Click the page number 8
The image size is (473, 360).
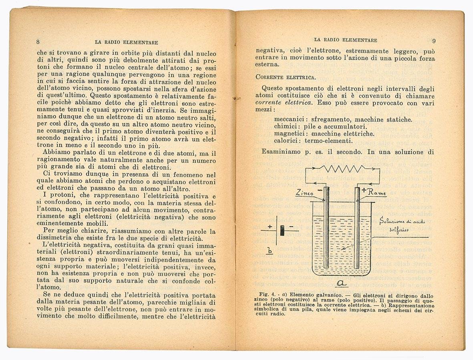click(38, 42)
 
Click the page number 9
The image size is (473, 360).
click(435, 40)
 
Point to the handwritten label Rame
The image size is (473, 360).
click(376, 193)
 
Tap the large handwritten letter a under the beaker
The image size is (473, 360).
click(342, 284)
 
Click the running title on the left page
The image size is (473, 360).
click(126, 42)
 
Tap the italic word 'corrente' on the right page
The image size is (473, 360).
click(270, 103)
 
